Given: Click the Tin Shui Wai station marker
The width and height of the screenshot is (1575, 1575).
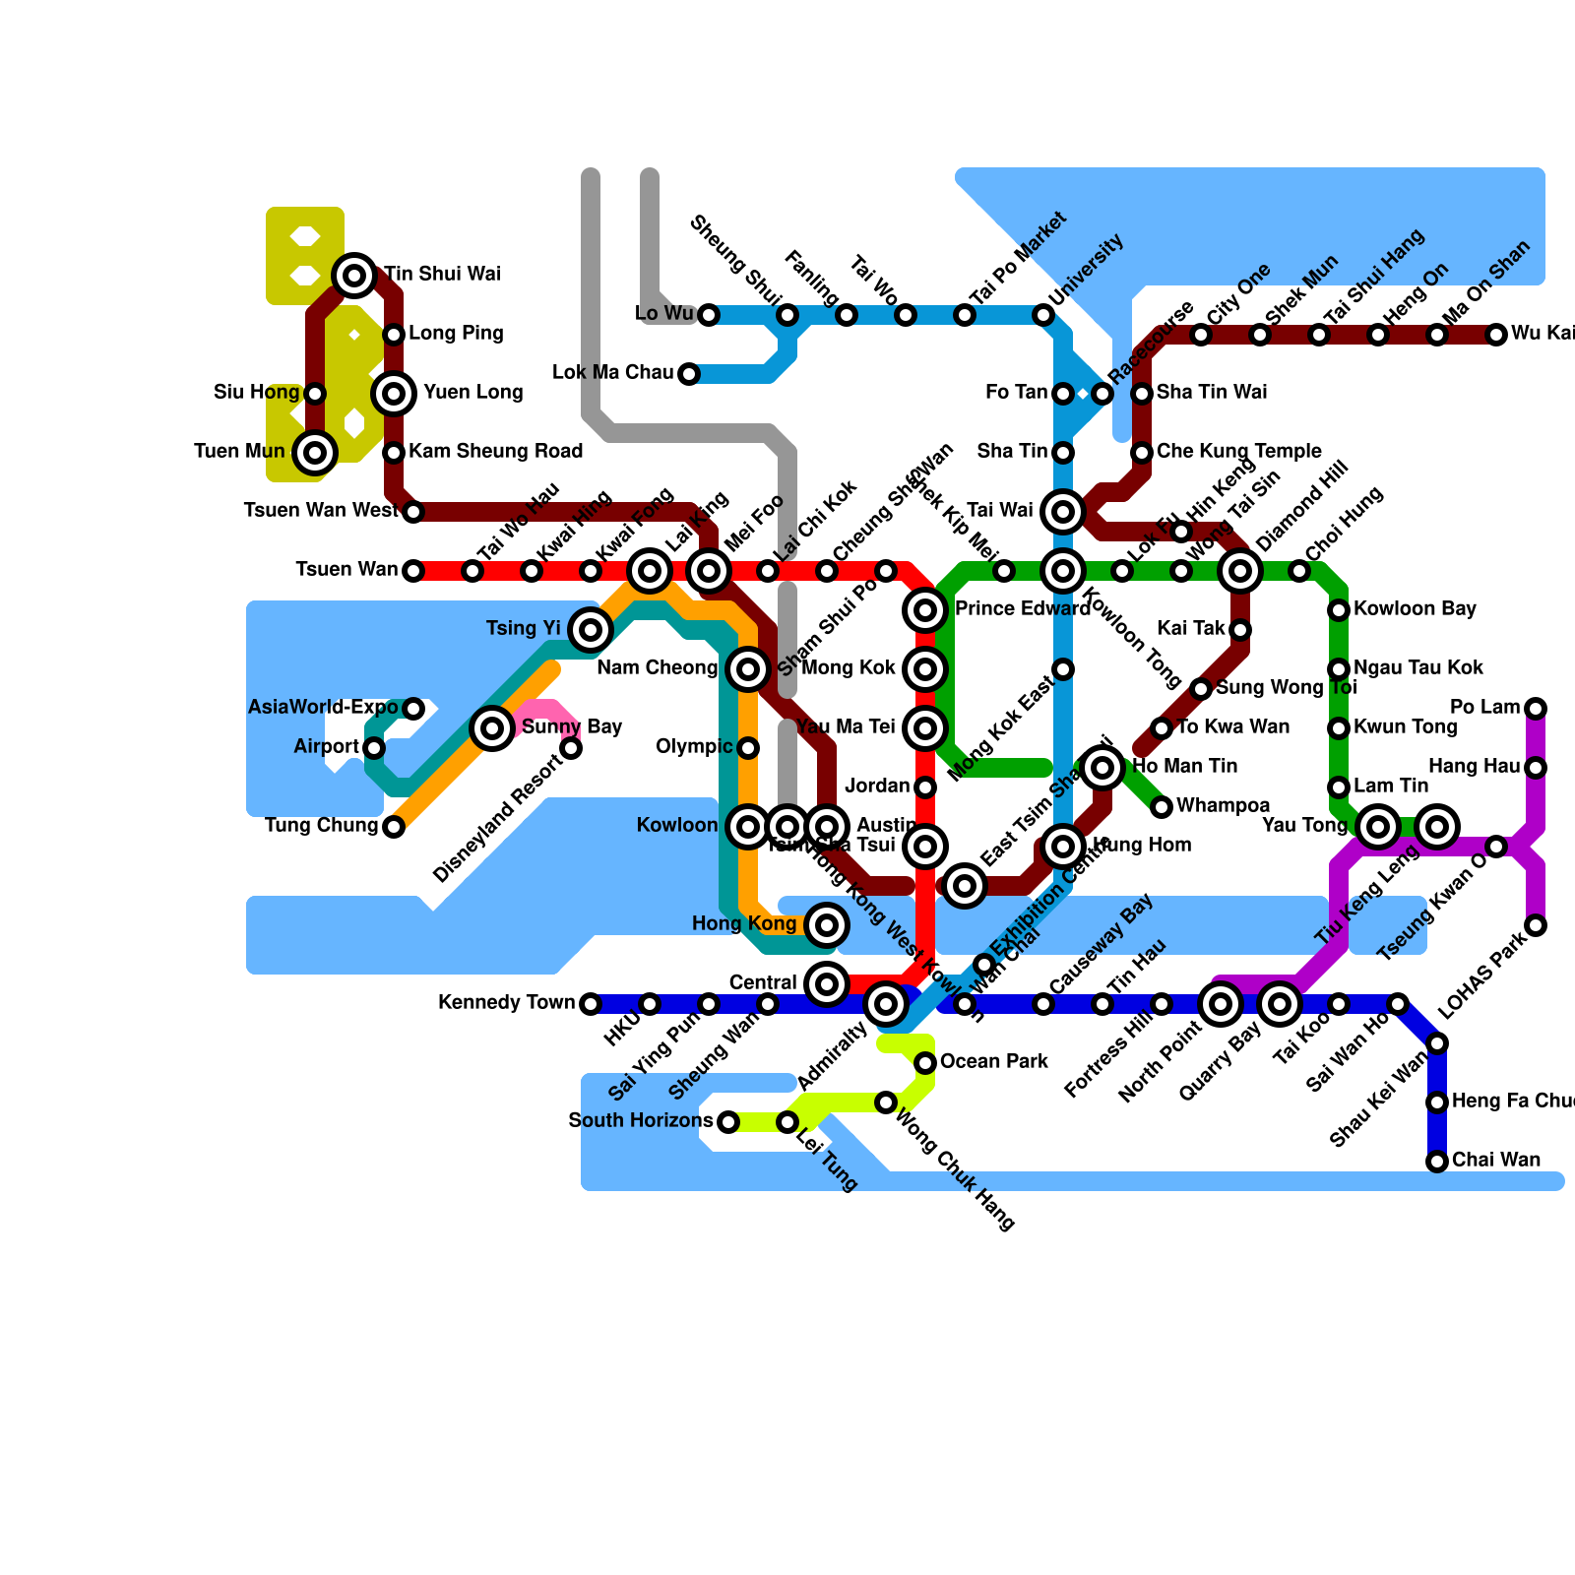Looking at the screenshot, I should (x=354, y=275).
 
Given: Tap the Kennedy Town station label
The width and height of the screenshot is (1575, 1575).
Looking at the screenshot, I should (x=506, y=1003).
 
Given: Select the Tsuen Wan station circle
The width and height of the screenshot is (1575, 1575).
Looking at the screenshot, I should (x=413, y=571).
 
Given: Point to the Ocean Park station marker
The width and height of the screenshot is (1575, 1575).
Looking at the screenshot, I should (x=925, y=1063).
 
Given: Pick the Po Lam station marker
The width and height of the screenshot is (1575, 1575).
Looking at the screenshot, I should (x=1536, y=709).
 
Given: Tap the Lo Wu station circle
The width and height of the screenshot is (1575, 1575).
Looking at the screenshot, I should (x=709, y=315).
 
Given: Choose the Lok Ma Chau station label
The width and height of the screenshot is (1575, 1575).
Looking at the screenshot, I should (x=612, y=373).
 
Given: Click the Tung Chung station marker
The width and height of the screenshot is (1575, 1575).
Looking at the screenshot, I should (x=394, y=827).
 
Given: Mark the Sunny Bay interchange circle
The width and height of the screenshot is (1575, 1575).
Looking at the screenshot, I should (x=492, y=728).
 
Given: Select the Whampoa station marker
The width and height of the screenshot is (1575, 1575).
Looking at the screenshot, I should (x=1162, y=807).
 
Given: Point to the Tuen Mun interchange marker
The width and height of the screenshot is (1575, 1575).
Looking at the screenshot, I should (x=315, y=453).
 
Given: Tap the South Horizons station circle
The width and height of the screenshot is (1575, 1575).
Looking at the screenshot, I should (x=728, y=1122).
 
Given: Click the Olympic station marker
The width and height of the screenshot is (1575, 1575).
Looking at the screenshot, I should (x=748, y=748).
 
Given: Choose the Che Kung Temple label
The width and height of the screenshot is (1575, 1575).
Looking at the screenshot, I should (x=1238, y=452).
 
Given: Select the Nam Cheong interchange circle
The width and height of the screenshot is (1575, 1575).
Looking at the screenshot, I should (x=748, y=669).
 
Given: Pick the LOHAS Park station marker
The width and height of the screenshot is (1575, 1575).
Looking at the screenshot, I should (x=1536, y=925).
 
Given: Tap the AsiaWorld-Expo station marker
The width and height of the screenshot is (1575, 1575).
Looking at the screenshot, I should (x=413, y=709).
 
